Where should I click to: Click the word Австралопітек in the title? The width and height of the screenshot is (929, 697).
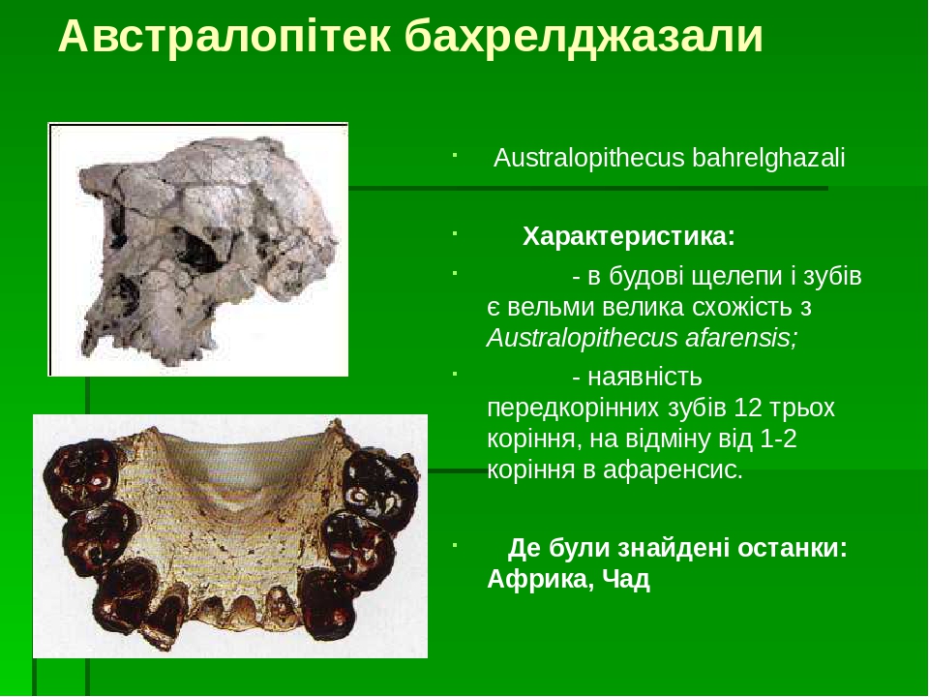(x=225, y=37)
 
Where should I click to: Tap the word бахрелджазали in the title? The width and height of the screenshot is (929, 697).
(x=584, y=37)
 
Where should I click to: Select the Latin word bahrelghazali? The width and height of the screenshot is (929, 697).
(x=769, y=158)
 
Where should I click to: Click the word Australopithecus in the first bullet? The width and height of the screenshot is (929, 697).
(x=589, y=158)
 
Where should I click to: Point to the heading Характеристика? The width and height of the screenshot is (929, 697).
(x=629, y=237)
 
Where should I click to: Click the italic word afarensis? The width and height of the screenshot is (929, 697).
(x=739, y=339)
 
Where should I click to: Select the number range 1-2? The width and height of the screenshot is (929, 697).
(x=779, y=439)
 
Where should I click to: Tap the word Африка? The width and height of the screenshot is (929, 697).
(x=538, y=580)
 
